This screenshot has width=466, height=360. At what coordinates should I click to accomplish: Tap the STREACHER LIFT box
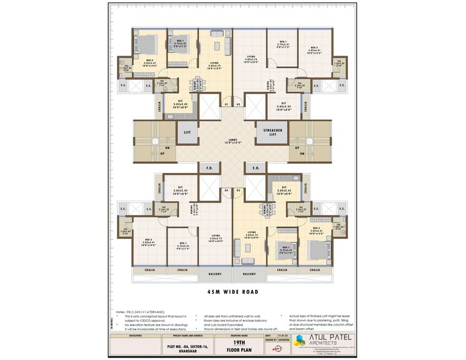tap(268, 132)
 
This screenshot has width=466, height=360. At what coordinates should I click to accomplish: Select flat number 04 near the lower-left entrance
tap(226, 189)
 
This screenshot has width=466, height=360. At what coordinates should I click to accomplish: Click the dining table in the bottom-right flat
tap(270, 209)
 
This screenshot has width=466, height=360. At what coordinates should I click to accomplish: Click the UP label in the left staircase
tap(146, 153)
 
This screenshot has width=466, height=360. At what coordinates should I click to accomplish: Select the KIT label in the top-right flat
tap(283, 103)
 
